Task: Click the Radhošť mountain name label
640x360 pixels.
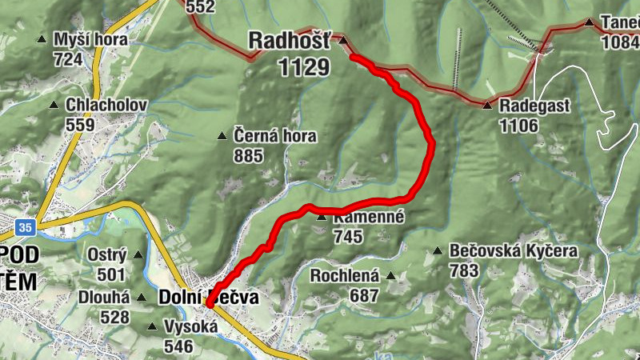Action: [x=288, y=40]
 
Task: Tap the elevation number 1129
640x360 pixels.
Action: [x=304, y=67]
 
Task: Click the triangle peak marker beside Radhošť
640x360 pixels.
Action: [x=342, y=40]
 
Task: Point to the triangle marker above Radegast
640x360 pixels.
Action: [x=487, y=105]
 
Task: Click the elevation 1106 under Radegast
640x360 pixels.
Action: [x=518, y=125]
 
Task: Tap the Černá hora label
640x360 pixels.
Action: [x=275, y=136]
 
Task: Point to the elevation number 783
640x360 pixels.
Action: [x=465, y=270]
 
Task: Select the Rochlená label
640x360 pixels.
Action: [x=345, y=277]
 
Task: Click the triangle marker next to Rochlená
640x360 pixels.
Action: [x=391, y=277]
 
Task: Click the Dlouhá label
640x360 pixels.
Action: [x=104, y=298]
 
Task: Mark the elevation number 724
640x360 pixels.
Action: [x=69, y=59]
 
